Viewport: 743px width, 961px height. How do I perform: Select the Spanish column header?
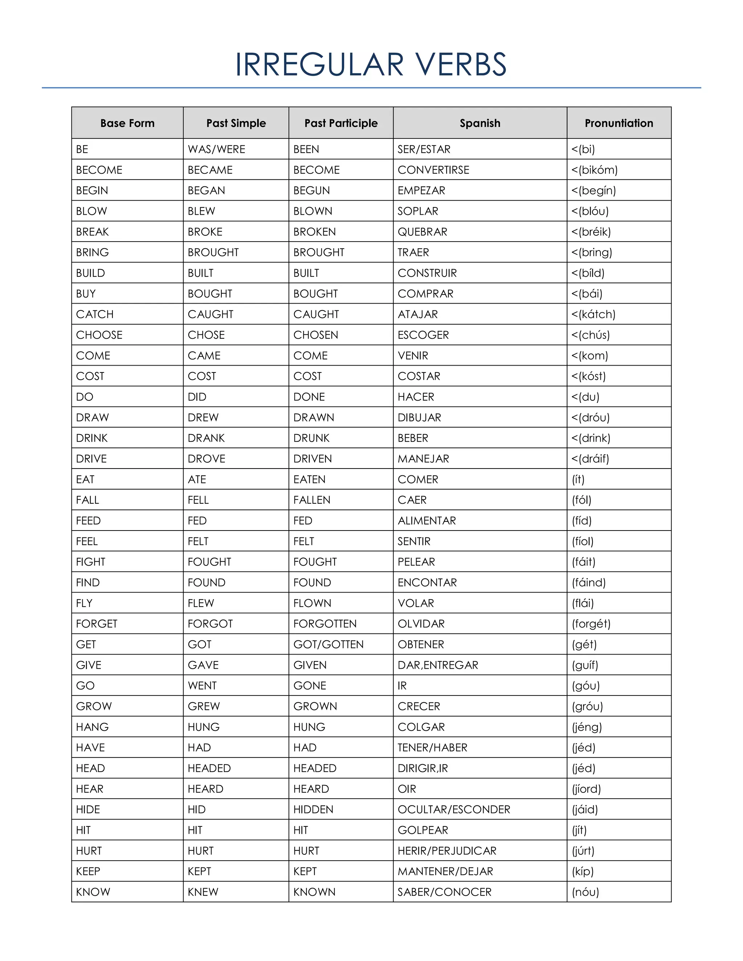(480, 123)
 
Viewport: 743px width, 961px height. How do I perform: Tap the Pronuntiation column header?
(619, 123)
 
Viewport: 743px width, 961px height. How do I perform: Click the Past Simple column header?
(236, 123)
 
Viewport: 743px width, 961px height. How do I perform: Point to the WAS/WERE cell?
(216, 149)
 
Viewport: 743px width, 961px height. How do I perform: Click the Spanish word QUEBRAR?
(422, 232)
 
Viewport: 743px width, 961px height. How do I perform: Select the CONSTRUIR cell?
(427, 273)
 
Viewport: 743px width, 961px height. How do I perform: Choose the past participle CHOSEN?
(316, 335)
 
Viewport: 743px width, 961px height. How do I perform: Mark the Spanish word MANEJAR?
(423, 459)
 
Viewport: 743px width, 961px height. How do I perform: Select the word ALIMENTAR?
(427, 521)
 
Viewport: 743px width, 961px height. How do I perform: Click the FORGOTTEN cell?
(325, 624)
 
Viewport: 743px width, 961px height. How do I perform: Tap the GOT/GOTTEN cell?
(328, 645)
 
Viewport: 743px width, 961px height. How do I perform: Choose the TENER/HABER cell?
(432, 748)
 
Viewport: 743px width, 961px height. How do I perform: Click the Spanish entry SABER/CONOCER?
(444, 892)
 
